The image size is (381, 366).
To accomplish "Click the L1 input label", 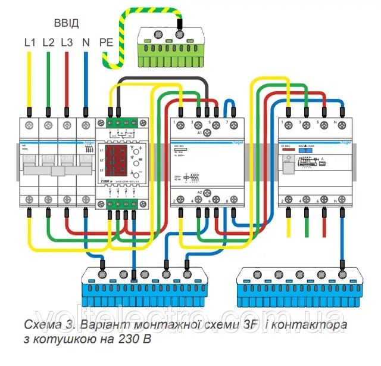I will click(30, 42).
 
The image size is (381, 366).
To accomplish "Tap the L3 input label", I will click(67, 42).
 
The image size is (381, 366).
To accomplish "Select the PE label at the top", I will click(105, 42).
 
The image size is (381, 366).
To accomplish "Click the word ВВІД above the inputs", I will click(65, 24).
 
